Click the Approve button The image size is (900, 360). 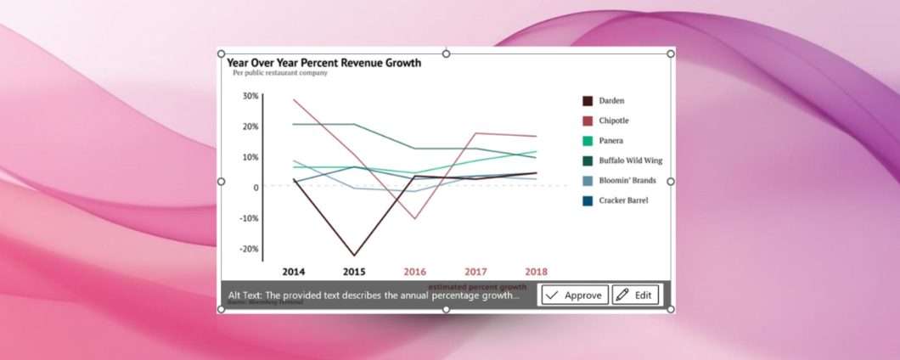point(574,295)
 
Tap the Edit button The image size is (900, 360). point(635,295)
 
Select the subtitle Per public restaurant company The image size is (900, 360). point(279,73)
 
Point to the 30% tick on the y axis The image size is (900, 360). point(250,96)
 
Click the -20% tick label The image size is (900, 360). point(249,249)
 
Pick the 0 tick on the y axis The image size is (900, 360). point(254,188)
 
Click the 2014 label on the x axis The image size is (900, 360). point(294,272)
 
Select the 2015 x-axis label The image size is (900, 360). point(354,272)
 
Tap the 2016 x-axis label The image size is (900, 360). point(414,272)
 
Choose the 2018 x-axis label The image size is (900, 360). point(536,272)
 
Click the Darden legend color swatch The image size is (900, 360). point(587,101)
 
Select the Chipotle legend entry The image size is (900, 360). point(613,121)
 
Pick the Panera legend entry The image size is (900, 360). point(610,141)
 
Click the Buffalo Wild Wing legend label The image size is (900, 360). point(630,160)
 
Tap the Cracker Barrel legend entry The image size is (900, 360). point(623,200)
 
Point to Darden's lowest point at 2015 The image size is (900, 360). point(354,255)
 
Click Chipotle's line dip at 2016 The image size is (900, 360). point(415,218)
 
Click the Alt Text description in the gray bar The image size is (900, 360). point(374,295)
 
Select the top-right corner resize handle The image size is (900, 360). point(671,53)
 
